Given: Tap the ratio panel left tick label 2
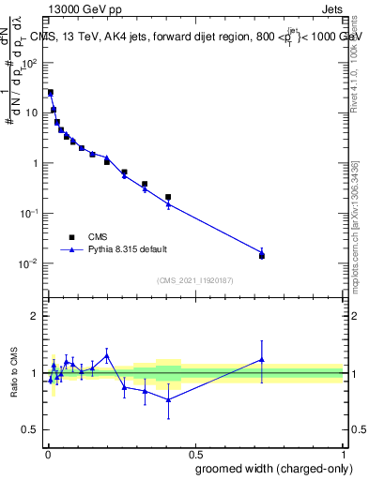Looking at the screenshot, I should click(37, 316).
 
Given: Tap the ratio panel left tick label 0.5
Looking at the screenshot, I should click(33, 429).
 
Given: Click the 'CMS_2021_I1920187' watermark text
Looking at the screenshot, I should click(194, 280).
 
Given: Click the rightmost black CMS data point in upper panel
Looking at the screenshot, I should click(262, 256).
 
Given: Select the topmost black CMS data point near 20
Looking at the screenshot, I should click(51, 93).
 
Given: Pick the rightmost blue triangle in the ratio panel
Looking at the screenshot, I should click(262, 359).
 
